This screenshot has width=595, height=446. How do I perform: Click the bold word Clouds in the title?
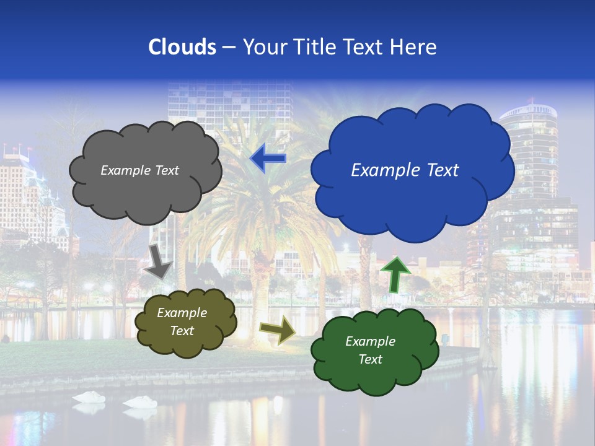pos(182,47)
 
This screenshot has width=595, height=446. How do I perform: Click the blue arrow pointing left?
pos(268,158)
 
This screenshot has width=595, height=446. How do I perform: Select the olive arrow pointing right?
pos(278,330)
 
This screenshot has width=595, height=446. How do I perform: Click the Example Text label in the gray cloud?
pos(139,170)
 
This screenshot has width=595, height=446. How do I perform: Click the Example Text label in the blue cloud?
pos(405,170)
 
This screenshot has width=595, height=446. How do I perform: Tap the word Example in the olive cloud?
pos(182,313)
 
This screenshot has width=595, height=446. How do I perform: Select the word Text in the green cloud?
pos(370,359)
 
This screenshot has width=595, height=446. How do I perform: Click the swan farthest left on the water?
pos(88,398)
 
